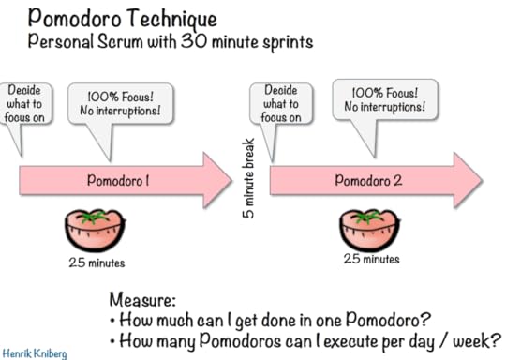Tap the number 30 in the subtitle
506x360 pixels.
221,42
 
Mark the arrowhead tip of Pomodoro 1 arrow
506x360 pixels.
231,180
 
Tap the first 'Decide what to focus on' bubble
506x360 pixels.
23,104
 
